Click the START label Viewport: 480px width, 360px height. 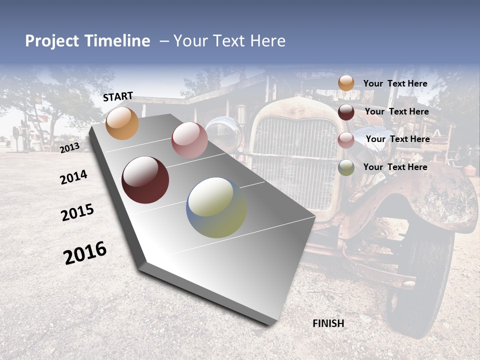[118, 96]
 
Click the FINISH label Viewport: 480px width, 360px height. [328, 323]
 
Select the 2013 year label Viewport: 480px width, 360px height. [70, 147]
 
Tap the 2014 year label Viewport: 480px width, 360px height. [74, 177]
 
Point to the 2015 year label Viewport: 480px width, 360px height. [77, 212]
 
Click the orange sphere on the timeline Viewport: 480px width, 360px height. [122, 123]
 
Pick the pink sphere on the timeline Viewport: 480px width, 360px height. [189, 140]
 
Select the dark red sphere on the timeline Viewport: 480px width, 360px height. [145, 180]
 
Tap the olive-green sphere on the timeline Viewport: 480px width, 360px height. [216, 207]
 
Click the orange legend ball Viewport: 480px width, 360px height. [346, 83]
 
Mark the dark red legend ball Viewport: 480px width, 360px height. [346, 112]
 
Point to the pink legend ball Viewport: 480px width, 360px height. [346, 140]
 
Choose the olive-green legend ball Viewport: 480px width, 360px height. [346, 168]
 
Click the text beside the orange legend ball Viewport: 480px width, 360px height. [395, 84]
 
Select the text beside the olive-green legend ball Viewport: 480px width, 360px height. [395, 167]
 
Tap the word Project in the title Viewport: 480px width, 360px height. [51, 41]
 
